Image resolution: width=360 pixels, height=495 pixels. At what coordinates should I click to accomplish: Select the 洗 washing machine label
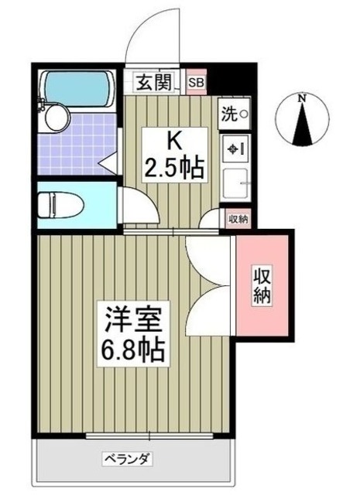point(234,114)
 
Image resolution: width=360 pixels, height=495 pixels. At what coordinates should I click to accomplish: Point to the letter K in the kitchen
point(175,142)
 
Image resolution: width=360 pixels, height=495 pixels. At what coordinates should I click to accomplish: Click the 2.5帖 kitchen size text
point(175,167)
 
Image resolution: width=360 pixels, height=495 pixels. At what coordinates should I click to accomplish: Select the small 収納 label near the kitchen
point(238,220)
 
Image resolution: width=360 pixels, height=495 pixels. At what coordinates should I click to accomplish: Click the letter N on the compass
point(304,98)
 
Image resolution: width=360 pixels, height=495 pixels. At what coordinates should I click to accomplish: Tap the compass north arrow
point(304,125)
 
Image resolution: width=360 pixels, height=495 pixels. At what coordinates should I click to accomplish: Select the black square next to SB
point(225,80)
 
